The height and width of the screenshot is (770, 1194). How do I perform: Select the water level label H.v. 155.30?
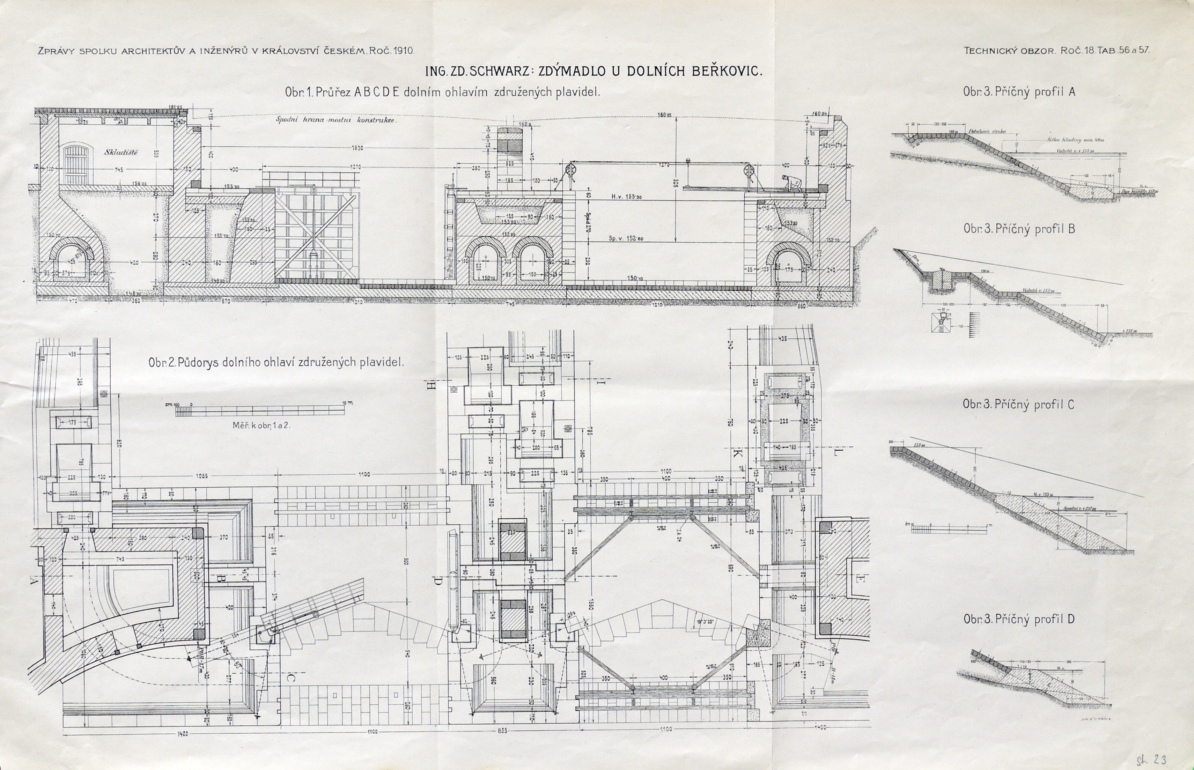626,197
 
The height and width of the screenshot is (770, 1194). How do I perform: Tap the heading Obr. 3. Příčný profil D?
1018,619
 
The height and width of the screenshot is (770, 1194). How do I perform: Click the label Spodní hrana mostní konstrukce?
336,120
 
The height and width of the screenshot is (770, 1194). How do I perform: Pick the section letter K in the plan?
737,453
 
